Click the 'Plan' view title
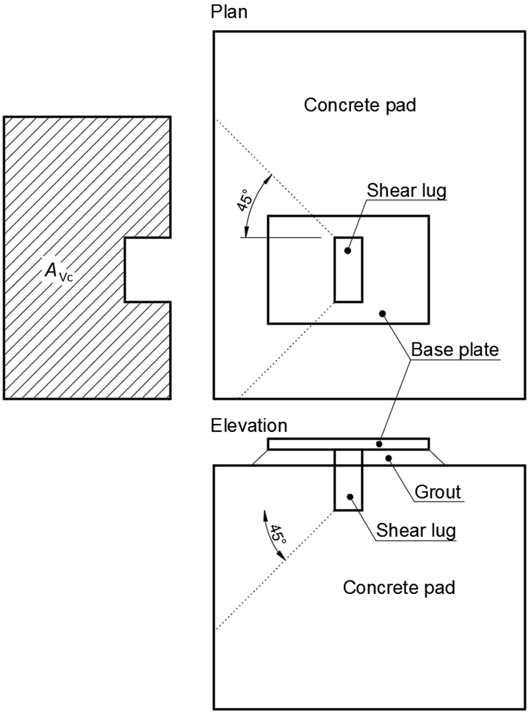tap(229, 12)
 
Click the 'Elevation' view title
tap(249, 425)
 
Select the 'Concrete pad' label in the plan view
tap(360, 105)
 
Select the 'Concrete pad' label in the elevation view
tap(399, 587)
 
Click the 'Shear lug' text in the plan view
tap(407, 190)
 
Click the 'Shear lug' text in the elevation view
tap(416, 530)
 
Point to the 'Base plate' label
tap(455, 350)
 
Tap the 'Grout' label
tap(439, 491)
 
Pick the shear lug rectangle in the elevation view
tap(348, 482)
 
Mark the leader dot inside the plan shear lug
tap(348, 251)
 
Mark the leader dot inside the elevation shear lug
tap(350, 497)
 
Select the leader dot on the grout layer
tap(389, 457)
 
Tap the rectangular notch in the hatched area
tap(148, 269)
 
